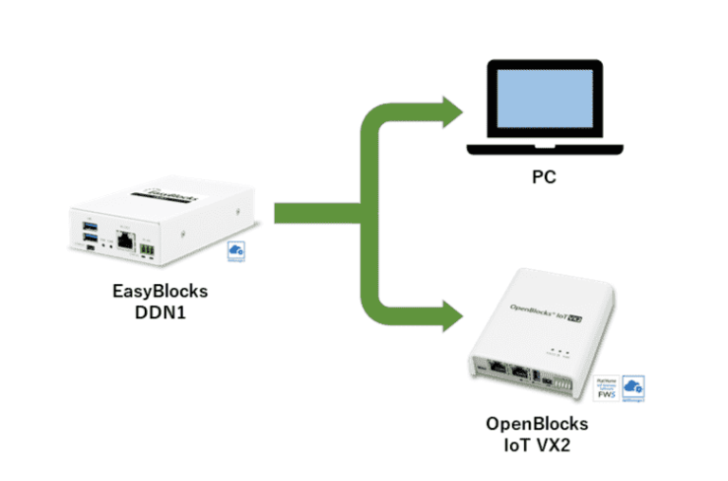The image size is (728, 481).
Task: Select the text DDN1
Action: [x=153, y=310]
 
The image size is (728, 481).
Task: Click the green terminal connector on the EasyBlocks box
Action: [x=146, y=248]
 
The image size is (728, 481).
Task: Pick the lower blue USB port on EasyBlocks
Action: [x=90, y=240]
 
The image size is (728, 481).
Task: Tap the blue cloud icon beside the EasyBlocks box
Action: [x=236, y=249]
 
